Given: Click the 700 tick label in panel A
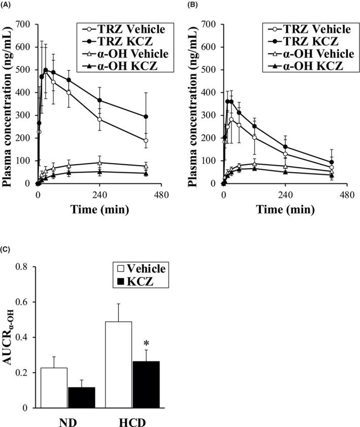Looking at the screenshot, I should tap(24, 24).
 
